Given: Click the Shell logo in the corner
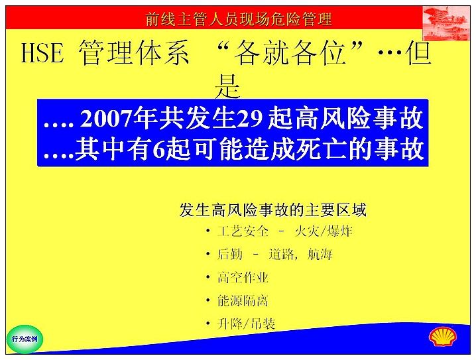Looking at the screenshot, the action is coord(443,336).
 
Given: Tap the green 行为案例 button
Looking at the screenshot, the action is coord(25,339).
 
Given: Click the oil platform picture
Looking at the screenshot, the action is coord(446,23).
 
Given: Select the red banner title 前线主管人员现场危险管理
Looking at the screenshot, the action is coord(239,19).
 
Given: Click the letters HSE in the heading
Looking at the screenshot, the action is coord(42,53).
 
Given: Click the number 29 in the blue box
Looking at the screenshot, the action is coord(251,119).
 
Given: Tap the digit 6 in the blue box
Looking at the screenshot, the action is coord(158,149).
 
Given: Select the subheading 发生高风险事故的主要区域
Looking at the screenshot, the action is coord(273,210).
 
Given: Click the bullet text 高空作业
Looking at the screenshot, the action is coord(243,277).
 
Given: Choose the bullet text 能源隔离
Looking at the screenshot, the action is coord(243,300).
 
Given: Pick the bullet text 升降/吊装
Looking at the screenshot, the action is coord(246,324).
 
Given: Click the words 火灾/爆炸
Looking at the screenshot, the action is coord(324,231).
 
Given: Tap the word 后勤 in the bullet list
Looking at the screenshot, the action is coord(230,255).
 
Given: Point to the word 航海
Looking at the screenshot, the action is coord(320,255).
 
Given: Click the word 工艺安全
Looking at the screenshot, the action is coord(243,231).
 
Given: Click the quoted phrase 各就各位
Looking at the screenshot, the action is coord(290,53).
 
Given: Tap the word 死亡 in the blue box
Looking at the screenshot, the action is coord(320,149).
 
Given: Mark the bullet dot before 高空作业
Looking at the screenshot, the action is coord(208,277).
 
